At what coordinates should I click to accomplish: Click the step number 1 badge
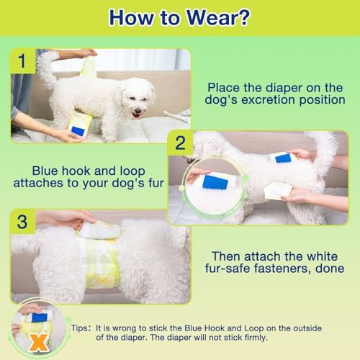(23, 60)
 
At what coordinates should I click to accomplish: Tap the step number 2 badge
(181, 143)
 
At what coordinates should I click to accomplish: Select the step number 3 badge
(22, 222)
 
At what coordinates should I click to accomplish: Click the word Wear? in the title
(218, 18)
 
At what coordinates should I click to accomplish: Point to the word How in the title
(131, 18)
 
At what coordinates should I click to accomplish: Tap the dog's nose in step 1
(138, 111)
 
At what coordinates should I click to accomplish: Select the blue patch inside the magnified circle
(215, 181)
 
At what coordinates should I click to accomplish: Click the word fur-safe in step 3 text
(228, 269)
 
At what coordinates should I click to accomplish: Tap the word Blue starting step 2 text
(45, 171)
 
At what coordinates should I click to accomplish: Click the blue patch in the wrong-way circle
(40, 318)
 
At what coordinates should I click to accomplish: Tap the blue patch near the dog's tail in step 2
(283, 158)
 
